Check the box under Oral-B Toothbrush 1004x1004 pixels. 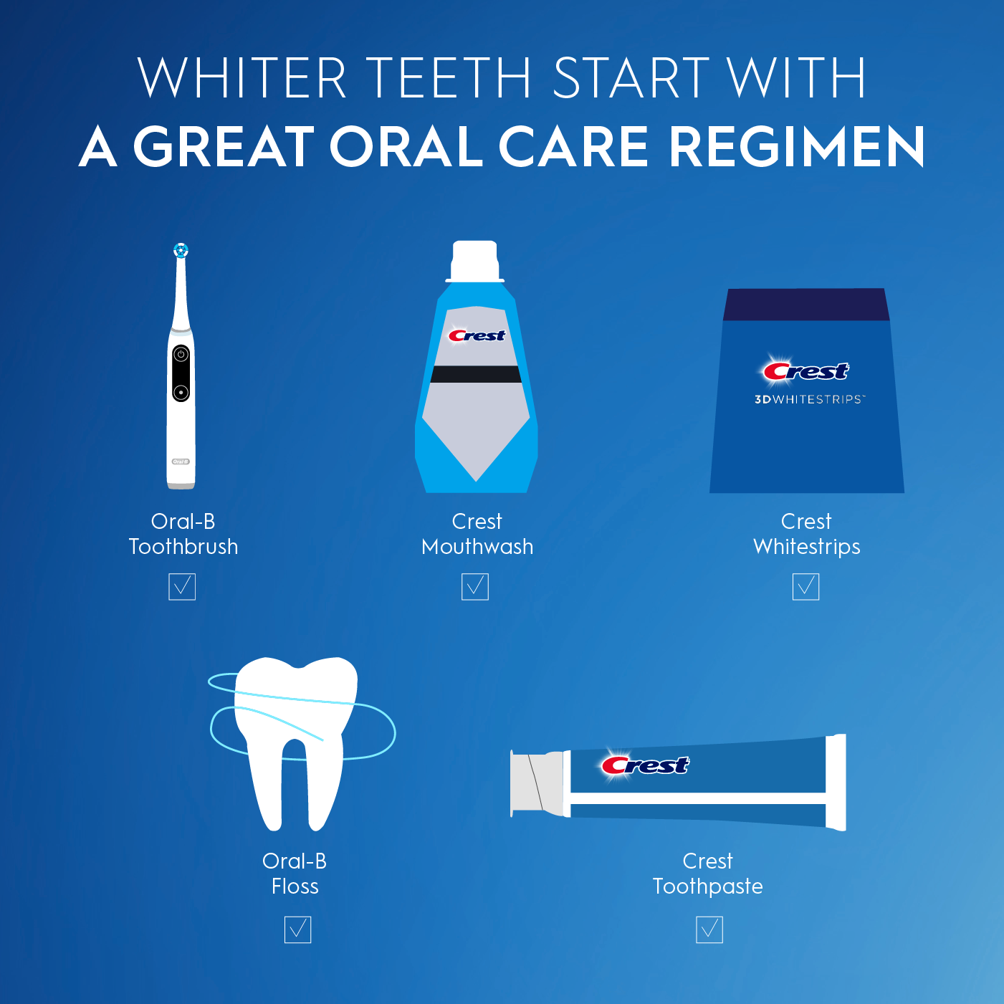[182, 587]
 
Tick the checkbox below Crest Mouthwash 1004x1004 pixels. [474, 587]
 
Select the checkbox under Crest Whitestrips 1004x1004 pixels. [805, 587]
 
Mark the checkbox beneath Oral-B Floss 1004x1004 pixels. [297, 929]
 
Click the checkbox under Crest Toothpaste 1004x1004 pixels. [709, 929]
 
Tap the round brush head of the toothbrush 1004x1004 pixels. [181, 251]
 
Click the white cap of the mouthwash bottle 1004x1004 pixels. [474, 261]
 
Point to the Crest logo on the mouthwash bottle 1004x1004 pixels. [477, 335]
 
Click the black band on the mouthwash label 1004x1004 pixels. [476, 374]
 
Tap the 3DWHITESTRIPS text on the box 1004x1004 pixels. [810, 400]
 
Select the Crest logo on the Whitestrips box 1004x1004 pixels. [803, 370]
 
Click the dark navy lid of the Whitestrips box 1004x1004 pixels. [806, 305]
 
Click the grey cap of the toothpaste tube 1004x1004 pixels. [537, 783]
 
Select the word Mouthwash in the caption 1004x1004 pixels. [477, 547]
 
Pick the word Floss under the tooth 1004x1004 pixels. [295, 886]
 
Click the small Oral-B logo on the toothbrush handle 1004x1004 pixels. [181, 462]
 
